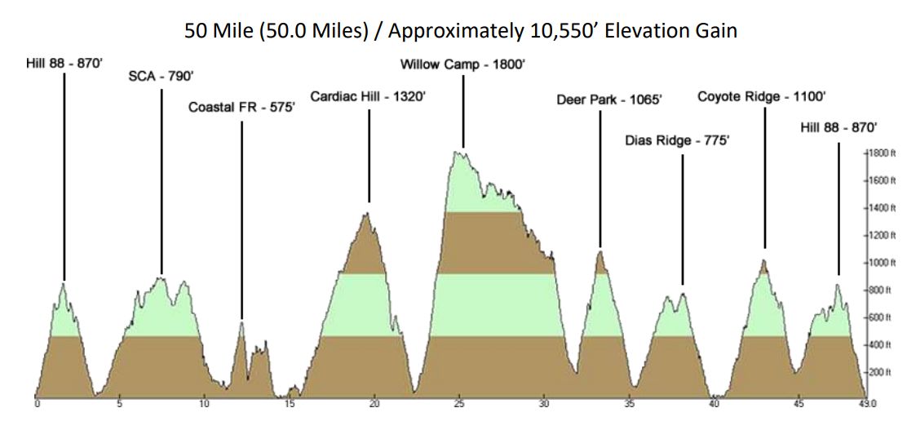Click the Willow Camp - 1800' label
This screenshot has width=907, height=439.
coord(462,64)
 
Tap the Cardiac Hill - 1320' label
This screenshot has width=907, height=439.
coord(368,96)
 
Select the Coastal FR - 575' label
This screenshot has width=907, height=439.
coord(241,107)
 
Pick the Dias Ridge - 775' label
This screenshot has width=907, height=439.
coord(677,140)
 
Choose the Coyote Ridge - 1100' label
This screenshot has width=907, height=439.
coord(762,96)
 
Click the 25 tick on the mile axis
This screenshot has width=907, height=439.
coord(460,403)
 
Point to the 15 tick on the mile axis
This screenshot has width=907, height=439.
coord(290,403)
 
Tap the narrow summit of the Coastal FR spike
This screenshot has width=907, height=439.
coord(241,322)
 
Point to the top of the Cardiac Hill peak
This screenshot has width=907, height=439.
coord(368,214)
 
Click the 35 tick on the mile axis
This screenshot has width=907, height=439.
coord(629,403)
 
